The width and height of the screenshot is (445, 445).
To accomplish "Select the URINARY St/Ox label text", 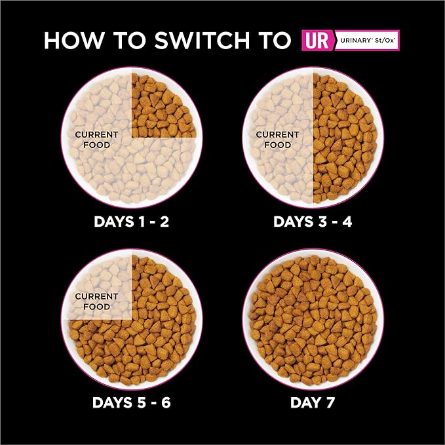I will (366, 40).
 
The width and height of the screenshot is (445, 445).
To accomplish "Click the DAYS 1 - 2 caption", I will (132, 222).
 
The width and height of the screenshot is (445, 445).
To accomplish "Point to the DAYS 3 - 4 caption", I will (313, 222).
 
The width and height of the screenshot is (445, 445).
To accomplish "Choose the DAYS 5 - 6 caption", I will (132, 401).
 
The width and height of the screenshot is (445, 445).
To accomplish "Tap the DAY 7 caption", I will (313, 401).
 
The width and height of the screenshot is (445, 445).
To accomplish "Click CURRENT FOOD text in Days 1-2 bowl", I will (97, 140).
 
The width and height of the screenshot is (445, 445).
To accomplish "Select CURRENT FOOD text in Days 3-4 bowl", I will (277, 140).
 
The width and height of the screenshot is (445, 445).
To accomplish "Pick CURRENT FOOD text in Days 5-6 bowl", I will (97, 301).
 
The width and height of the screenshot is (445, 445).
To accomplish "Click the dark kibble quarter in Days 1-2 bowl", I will (164, 105).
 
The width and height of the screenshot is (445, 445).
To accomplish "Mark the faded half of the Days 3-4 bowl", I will (279, 164).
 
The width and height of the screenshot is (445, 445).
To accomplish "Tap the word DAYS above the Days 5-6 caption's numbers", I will (117, 401).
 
